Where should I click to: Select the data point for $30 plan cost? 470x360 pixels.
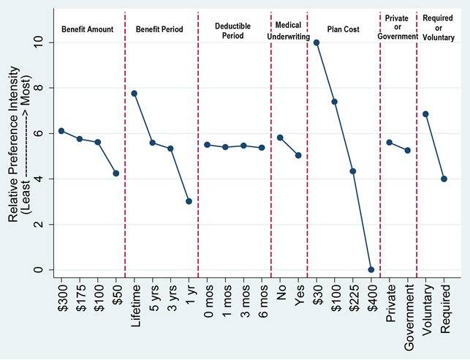click(x=317, y=42)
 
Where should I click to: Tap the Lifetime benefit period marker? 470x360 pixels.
click(x=134, y=94)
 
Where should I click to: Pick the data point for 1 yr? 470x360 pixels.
click(x=189, y=201)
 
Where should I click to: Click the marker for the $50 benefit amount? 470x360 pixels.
click(x=115, y=173)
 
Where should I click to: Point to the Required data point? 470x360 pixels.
click(x=444, y=179)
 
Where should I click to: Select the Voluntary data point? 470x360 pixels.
click(x=425, y=114)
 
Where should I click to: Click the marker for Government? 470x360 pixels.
click(x=408, y=151)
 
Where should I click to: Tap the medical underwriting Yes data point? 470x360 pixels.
click(x=298, y=155)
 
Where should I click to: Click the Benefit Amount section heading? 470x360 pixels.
click(x=86, y=29)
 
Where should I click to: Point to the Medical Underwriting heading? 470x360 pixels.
click(x=289, y=29)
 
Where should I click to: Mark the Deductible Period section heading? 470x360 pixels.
click(x=235, y=29)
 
